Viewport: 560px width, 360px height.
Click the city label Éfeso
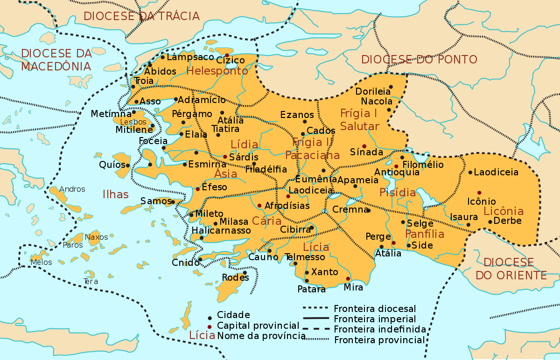point(214,187)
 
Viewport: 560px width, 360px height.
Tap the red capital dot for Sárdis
point(225,157)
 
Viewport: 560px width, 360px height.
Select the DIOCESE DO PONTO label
point(419,59)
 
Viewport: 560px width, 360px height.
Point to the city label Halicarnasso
point(221,230)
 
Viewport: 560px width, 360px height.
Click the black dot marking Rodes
point(245,273)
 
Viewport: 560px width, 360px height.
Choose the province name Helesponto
point(217,71)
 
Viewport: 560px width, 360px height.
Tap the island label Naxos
point(97,237)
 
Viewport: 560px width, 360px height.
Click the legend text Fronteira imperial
point(375,319)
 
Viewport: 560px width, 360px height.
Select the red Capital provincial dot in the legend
point(210,325)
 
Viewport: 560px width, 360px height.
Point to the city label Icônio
point(482,201)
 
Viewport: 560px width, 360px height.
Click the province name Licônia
point(504,211)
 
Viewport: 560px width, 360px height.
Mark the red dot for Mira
point(348,279)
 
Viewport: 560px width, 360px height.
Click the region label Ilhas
point(115,194)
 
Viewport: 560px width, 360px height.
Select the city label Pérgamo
point(192,114)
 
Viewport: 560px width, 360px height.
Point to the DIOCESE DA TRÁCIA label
point(141,16)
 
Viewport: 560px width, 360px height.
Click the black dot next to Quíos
point(127,165)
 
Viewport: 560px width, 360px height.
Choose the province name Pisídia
point(398,192)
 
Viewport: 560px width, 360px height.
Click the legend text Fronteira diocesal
point(375,309)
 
